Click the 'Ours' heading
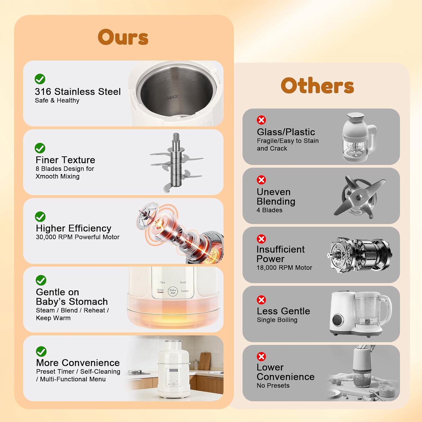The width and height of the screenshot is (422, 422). tap(123, 37)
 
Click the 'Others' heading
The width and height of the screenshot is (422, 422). tap(317, 86)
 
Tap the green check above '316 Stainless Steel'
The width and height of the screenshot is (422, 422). tap(40, 79)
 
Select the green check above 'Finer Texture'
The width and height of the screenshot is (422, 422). tap(40, 148)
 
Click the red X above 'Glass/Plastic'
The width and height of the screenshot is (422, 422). tap(261, 120)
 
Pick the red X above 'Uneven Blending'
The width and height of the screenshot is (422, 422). tap(261, 180)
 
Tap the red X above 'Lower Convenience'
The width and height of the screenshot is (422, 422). tap(261, 356)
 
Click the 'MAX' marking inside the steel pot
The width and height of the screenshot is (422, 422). tap(172, 97)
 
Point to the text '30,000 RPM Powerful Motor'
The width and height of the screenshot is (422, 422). tap(78, 237)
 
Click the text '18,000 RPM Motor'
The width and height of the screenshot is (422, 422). tap(284, 268)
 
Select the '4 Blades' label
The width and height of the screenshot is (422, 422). tap(270, 210)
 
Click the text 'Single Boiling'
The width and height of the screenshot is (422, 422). tap(277, 320)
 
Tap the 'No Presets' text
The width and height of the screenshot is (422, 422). tap(273, 385)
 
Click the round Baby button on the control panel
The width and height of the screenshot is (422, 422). tap(173, 291)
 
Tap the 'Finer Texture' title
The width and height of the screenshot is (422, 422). tap(65, 160)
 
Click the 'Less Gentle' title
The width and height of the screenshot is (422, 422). tap(283, 311)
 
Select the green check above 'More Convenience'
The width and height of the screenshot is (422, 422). tap(41, 351)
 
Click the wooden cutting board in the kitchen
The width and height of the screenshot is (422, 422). tap(205, 361)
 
